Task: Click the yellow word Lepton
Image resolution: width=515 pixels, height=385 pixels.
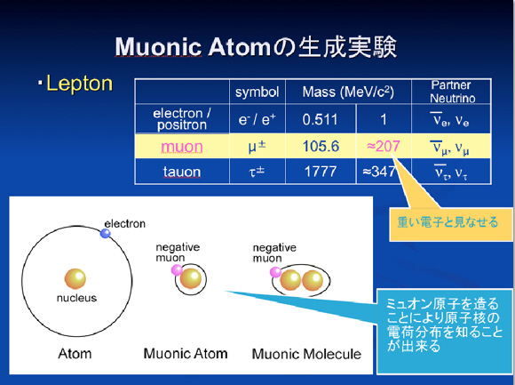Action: (80, 84)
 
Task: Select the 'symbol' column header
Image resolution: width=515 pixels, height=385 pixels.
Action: (257, 92)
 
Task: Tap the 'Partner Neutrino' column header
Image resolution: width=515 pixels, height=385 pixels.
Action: (452, 92)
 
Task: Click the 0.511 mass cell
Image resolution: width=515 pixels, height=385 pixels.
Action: (321, 119)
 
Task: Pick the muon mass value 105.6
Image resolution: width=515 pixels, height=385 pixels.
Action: (321, 146)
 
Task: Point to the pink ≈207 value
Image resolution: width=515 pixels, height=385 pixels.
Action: (384, 146)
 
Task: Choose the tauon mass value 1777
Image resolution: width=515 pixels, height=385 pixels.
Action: (321, 172)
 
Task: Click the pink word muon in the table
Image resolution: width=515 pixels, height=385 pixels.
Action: (182, 147)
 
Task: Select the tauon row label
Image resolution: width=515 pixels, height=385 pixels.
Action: (182, 172)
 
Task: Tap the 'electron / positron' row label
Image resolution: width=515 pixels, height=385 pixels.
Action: (182, 119)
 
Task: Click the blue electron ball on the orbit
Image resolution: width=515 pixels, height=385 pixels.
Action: (105, 234)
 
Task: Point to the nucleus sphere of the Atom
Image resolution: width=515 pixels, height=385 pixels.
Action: (75, 279)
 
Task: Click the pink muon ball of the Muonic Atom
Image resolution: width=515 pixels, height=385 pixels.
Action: (177, 270)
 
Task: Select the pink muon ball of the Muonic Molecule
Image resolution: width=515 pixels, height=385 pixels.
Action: (275, 272)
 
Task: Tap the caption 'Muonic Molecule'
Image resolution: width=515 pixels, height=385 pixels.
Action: (306, 354)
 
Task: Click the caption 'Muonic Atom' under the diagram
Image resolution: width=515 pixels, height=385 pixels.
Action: (186, 354)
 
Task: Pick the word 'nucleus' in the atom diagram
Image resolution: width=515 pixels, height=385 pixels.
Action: (76, 298)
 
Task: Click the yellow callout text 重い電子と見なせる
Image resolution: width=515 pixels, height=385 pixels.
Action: (448, 222)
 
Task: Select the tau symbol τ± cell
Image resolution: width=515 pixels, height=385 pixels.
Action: (257, 172)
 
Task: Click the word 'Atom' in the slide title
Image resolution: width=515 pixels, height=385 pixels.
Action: (239, 47)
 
